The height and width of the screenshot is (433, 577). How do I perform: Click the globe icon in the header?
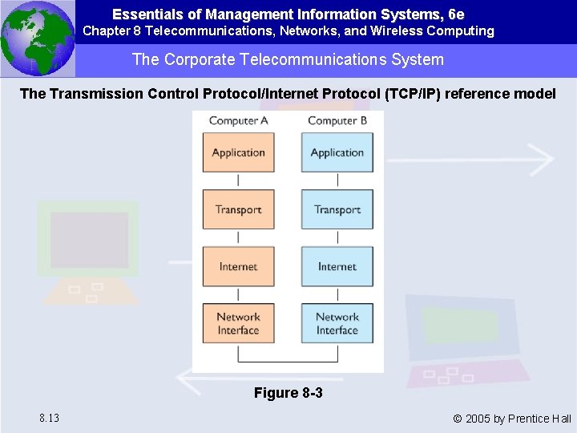tap(38, 38)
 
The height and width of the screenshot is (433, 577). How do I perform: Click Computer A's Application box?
tap(238, 152)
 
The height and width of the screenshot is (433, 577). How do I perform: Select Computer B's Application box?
tap(337, 152)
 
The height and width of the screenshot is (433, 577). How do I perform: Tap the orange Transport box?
tap(238, 209)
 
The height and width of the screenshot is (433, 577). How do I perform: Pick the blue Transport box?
tap(337, 209)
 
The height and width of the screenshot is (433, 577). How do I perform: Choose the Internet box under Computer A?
tap(238, 266)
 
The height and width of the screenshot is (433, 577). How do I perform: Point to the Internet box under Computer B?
tap(337, 266)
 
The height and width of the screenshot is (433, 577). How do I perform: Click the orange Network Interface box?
tap(238, 323)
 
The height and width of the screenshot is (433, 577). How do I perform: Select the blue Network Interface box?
tap(337, 323)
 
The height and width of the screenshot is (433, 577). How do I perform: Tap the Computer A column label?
tap(239, 120)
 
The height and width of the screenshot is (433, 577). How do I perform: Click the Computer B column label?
tap(337, 120)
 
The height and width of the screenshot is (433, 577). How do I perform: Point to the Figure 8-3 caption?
tap(288, 393)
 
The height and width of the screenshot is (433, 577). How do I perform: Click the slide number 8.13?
tap(48, 418)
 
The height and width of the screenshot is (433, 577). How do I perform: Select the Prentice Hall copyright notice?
tap(511, 418)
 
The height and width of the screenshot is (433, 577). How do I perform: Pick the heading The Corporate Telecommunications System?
tap(288, 60)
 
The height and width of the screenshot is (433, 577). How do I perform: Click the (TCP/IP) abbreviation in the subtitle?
tap(413, 94)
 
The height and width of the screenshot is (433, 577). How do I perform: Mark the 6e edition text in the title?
tap(455, 14)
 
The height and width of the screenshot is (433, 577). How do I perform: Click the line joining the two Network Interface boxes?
tap(288, 360)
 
